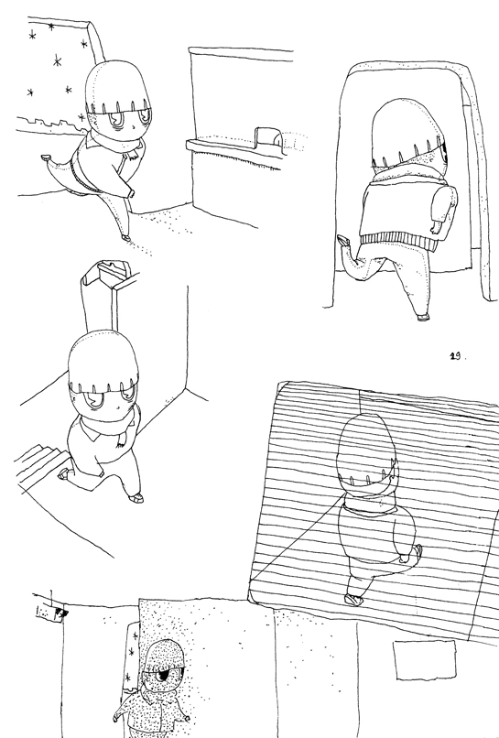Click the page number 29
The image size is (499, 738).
[x=456, y=356]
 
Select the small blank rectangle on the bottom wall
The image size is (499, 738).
[x=425, y=659]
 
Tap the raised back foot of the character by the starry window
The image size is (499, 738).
[x=46, y=158]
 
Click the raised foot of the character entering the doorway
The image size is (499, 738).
[x=343, y=241]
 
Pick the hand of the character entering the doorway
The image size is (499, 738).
[x=437, y=227]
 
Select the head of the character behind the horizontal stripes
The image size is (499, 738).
[x=366, y=450]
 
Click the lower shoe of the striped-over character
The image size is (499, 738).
[x=353, y=599]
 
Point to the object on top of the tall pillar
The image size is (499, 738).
[x=113, y=271]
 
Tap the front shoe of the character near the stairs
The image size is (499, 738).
[x=136, y=497]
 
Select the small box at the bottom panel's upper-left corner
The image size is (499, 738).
[x=49, y=613]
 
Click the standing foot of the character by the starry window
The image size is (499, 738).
[x=126, y=238]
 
